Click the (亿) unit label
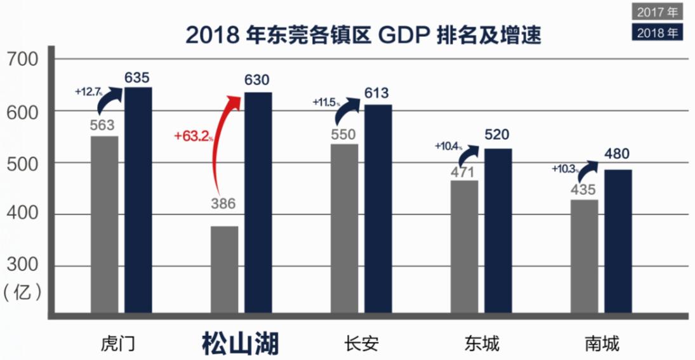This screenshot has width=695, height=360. point(23,292)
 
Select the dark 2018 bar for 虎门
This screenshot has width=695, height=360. point(138,199)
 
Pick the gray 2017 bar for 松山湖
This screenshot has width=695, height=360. point(225,269)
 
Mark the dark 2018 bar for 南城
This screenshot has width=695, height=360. point(618,241)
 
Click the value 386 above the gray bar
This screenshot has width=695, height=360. point(223,204)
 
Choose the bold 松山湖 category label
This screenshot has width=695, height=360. point(241,343)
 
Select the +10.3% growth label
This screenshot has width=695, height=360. point(565,169)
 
